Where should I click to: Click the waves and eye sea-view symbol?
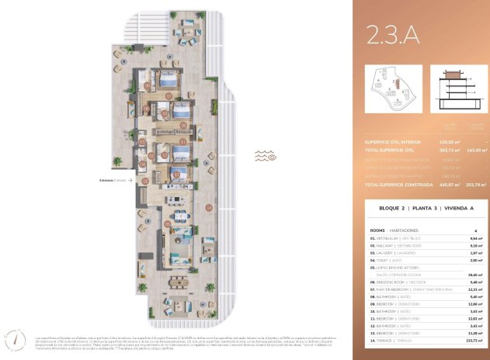[x=266, y=156]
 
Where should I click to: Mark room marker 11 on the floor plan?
[x=175, y=175]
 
